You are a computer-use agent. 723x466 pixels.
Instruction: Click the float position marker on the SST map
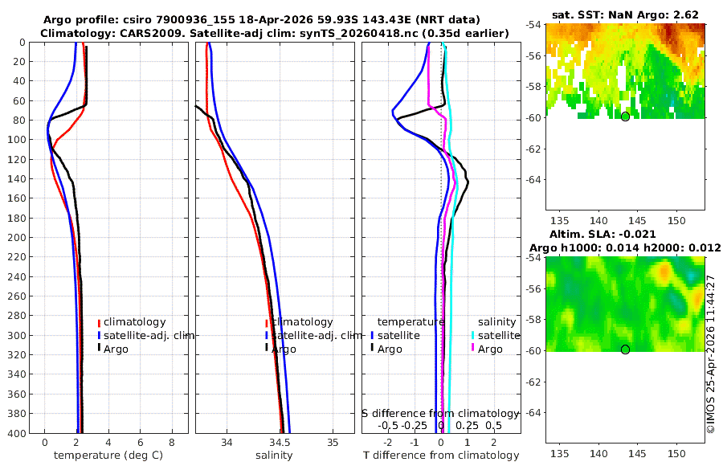(x=625, y=117)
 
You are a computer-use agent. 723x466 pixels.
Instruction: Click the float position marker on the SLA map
(x=625, y=349)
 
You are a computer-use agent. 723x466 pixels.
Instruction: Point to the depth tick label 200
(x=17, y=238)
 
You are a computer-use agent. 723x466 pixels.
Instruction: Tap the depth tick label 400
(x=17, y=433)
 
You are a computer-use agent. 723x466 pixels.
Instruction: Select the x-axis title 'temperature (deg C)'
(x=108, y=456)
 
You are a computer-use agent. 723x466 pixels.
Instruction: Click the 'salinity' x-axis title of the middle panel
(x=275, y=456)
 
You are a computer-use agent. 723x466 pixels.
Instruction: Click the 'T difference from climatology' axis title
(x=441, y=456)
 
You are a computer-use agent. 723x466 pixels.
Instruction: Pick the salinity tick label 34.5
(x=280, y=443)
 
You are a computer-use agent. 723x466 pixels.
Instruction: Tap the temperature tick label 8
(x=172, y=443)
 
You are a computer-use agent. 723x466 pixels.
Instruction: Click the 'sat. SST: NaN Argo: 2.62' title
(x=625, y=14)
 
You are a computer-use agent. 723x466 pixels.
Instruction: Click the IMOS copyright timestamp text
(x=711, y=354)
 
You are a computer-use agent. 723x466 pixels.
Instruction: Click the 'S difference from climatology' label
(x=440, y=414)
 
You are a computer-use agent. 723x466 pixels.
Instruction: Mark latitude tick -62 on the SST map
(x=533, y=149)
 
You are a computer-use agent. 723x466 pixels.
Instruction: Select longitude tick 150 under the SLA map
(x=676, y=454)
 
